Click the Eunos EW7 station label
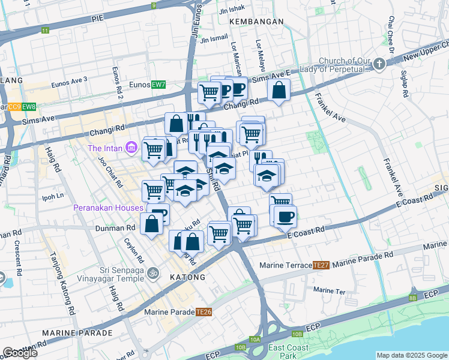point(150,85)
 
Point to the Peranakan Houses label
point(108,208)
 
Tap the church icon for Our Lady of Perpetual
point(379,63)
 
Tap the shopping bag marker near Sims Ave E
point(279,91)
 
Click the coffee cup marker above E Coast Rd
point(286,216)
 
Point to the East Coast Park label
point(288,352)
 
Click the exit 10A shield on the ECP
point(255,340)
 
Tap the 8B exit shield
point(412,298)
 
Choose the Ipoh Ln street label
point(52,196)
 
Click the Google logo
point(20,353)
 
